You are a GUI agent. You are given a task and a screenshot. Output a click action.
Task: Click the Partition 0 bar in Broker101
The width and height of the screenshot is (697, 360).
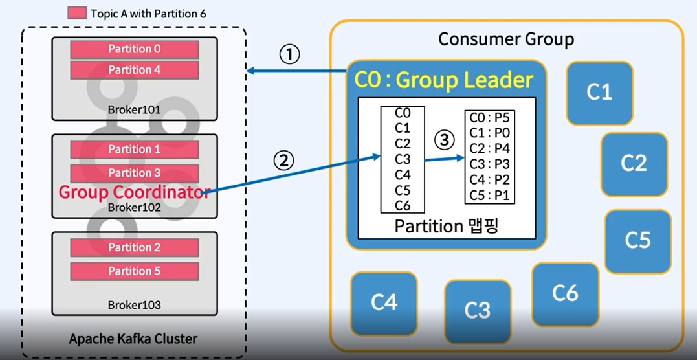134,49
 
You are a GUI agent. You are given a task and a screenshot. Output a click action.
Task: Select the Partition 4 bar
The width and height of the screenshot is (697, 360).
134,70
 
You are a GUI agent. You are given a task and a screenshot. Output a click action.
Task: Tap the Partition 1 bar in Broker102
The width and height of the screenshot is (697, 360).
134,149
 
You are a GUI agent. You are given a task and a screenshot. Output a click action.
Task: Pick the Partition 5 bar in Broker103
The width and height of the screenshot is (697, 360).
134,271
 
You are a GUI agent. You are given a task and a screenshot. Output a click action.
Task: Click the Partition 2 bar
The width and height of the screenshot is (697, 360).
134,247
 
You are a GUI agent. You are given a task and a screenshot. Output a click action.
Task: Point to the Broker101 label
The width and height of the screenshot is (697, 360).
134,109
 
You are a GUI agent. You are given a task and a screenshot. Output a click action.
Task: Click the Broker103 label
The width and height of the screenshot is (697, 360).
134,304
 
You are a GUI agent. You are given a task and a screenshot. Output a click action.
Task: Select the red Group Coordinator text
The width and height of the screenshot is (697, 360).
133,192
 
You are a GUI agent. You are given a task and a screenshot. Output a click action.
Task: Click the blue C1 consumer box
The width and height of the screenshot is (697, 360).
599,93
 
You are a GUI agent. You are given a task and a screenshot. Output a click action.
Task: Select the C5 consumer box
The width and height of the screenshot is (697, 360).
637,240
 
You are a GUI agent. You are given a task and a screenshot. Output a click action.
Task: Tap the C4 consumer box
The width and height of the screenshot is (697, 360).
384,302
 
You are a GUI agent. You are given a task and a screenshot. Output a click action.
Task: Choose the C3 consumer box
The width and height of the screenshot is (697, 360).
478,310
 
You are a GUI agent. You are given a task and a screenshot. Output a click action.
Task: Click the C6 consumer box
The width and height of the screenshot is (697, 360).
565,293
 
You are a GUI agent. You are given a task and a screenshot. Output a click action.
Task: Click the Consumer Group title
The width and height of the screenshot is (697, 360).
505,39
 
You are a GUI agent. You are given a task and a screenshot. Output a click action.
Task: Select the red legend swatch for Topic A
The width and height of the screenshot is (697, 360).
77,13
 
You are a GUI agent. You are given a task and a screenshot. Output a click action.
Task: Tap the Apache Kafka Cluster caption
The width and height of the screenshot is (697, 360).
133,339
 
